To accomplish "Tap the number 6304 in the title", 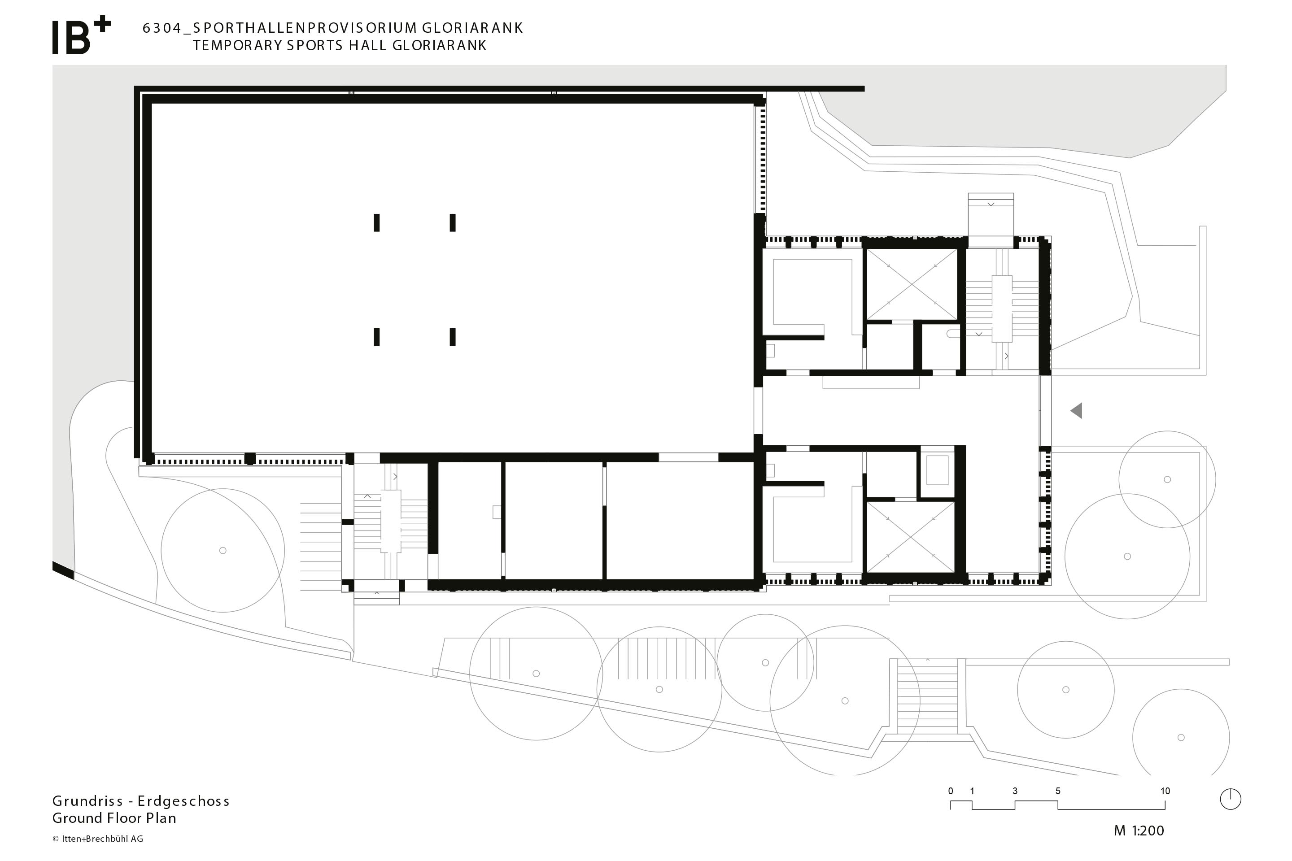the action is pyautogui.click(x=162, y=28).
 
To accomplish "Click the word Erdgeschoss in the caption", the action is pyautogui.click(x=183, y=801).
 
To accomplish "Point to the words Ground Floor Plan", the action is pyautogui.click(x=114, y=818).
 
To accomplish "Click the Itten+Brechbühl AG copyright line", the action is pyautogui.click(x=98, y=839).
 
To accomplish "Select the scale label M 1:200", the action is pyautogui.click(x=1139, y=831).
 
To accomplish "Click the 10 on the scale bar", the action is pyautogui.click(x=1165, y=791).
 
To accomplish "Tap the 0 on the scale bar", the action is pyautogui.click(x=950, y=791).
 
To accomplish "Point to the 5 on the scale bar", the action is pyautogui.click(x=1057, y=791).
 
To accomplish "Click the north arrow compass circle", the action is pyautogui.click(x=1231, y=799).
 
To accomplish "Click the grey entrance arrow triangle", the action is pyautogui.click(x=1077, y=410).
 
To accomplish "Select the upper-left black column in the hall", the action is pyautogui.click(x=377, y=223).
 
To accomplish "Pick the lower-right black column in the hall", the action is pyautogui.click(x=453, y=337).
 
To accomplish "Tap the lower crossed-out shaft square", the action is pyautogui.click(x=910, y=536).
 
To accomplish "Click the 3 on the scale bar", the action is pyautogui.click(x=1015, y=791).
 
